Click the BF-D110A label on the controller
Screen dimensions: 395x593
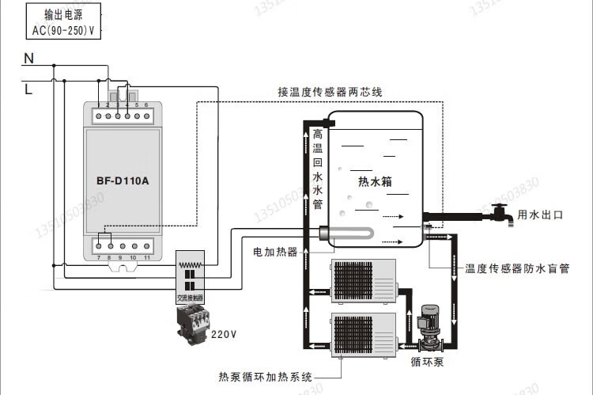point(123,180)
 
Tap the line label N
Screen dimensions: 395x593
point(28,59)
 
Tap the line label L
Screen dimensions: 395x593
point(28,89)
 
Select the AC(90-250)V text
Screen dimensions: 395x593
point(69,30)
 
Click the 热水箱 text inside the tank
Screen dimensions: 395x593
point(376,181)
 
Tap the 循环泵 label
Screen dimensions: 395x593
point(427,362)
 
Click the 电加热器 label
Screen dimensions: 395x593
point(275,252)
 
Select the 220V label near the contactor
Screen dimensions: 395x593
point(223,334)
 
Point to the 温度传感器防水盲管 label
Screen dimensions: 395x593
point(517,268)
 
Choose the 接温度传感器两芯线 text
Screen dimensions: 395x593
point(330,92)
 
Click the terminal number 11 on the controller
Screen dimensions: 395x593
point(147,258)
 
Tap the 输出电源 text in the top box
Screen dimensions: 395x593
point(69,16)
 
